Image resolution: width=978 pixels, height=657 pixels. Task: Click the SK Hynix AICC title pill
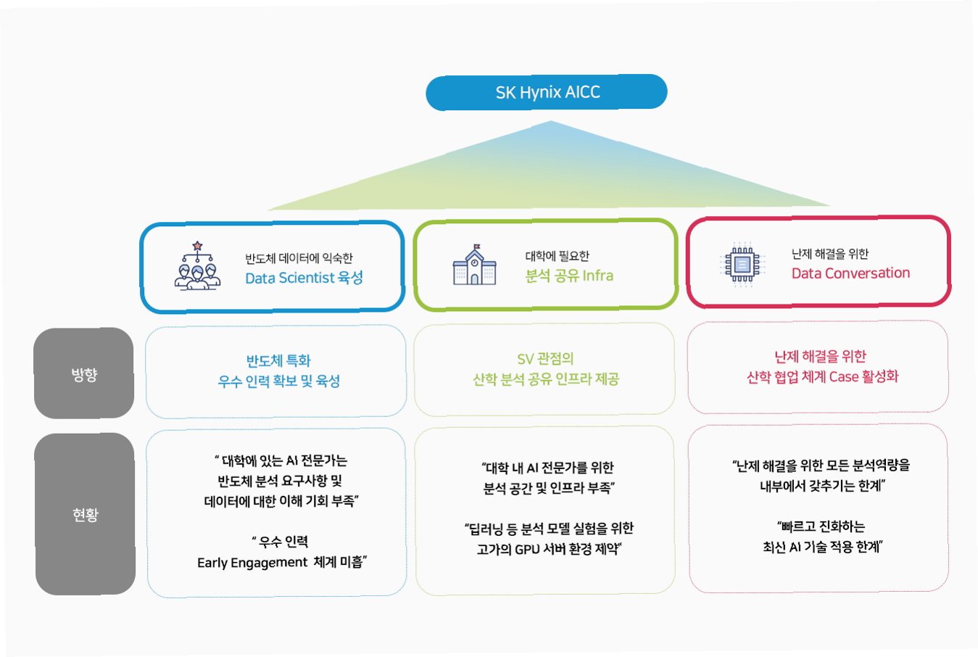pos(547,92)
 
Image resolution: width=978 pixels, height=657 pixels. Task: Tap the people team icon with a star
pos(197,267)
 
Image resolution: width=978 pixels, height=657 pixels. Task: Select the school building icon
pos(474,265)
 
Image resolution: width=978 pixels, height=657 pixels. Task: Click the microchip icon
pos(741,264)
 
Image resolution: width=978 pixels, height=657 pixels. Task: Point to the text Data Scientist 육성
pos(304,278)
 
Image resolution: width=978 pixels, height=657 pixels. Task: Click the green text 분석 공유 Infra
pos(569,276)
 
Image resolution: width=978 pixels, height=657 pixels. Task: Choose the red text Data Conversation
pos(850,273)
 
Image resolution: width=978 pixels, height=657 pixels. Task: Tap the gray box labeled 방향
pos(84,373)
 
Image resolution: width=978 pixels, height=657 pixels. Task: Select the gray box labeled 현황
pos(86,514)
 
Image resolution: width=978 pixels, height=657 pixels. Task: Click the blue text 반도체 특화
pos(278,360)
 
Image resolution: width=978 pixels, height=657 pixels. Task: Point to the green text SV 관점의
pos(545,358)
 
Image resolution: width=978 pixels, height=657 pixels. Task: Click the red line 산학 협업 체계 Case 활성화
pos(822,376)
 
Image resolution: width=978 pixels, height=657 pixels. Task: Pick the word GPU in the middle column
pos(527,549)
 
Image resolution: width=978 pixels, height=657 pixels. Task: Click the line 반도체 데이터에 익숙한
pos(299,258)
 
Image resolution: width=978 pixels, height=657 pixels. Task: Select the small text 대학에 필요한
pos(557,256)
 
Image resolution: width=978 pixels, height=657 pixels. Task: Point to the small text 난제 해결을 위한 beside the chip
pos(829,254)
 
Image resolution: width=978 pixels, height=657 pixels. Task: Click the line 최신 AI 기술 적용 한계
pos(821,547)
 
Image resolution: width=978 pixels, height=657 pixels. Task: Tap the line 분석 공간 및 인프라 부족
pos(549,488)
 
